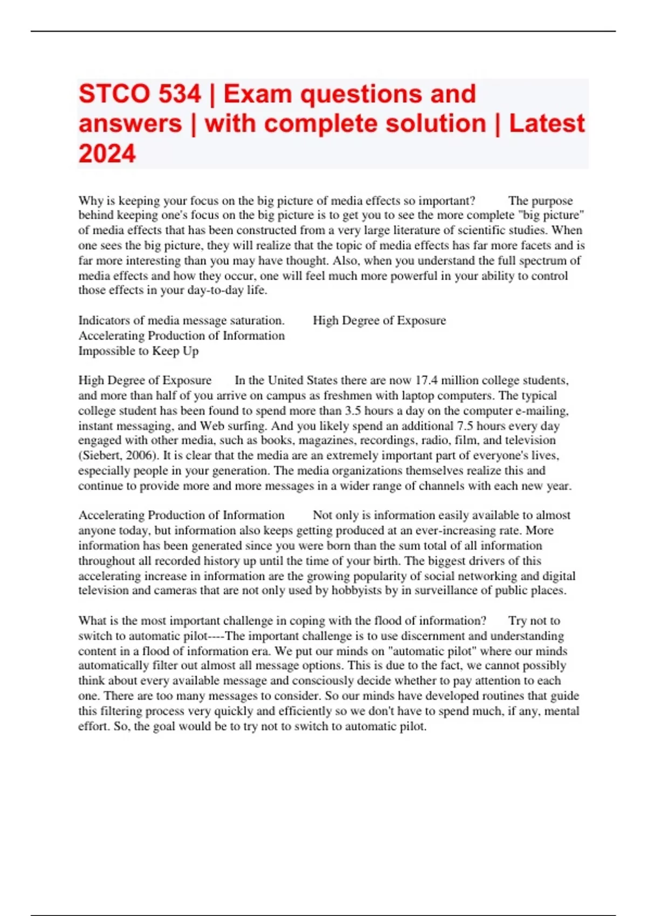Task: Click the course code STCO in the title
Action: click(x=113, y=94)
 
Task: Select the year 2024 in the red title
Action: click(x=107, y=154)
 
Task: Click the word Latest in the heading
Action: click(x=547, y=123)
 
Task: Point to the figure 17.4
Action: click(x=426, y=380)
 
